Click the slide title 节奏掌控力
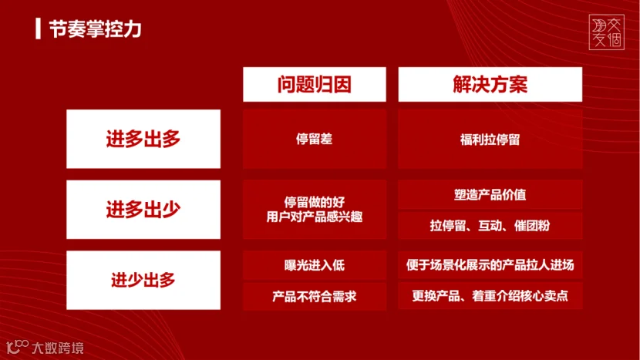coord(95,29)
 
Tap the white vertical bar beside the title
coord(38,29)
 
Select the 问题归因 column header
coord(315,85)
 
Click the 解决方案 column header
coord(490,85)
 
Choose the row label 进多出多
coord(143,139)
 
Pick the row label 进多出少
coord(143,210)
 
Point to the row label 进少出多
coord(143,280)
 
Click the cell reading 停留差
coord(315,139)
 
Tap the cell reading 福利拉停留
coord(490,140)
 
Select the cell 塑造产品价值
coord(490,195)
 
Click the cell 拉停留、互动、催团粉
coord(490,225)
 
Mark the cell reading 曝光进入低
coord(315,265)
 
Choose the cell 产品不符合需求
coord(315,296)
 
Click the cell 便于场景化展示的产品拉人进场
coord(490,265)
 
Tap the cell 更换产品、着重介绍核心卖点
coord(490,296)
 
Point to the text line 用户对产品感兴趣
coord(315,217)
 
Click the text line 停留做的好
coord(315,202)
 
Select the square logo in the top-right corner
coord(607,32)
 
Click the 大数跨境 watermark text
coord(58,348)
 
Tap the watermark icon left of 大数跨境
coord(17,347)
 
